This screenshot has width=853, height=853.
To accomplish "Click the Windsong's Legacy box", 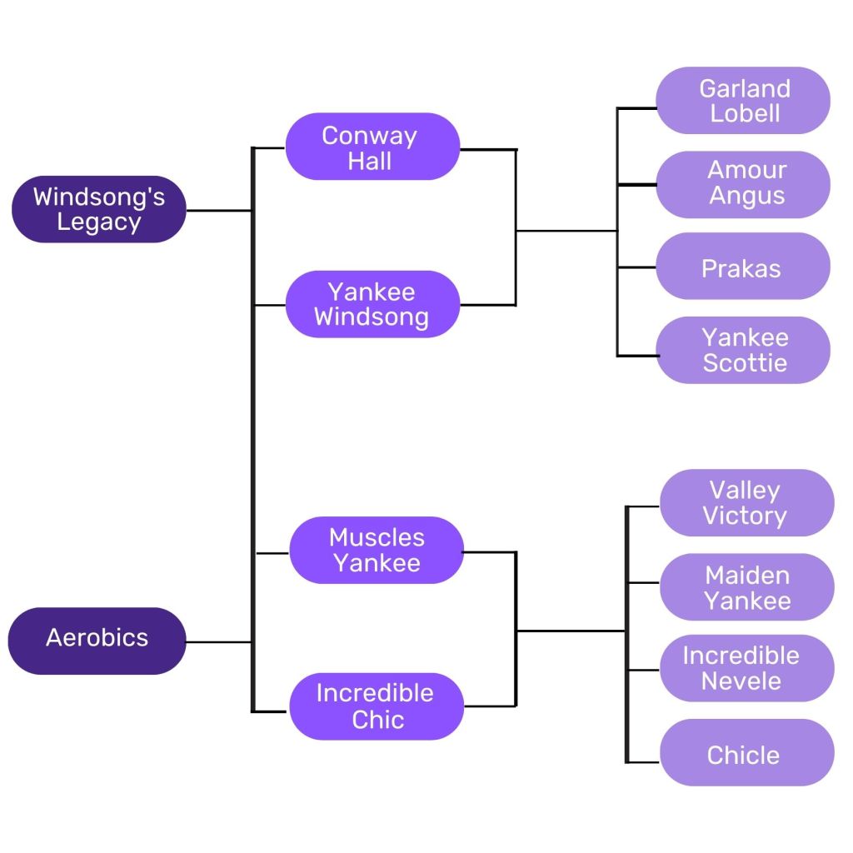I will [x=99, y=209].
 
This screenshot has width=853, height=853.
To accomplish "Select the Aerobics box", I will [x=97, y=640].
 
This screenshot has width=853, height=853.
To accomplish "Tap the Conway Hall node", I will [x=372, y=147].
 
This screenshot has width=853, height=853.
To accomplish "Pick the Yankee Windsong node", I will [x=372, y=304].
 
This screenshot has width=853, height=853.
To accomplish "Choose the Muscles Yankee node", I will [x=377, y=550].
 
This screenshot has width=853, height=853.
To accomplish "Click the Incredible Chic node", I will [x=376, y=706].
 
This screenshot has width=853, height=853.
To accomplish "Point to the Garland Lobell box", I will [x=743, y=101].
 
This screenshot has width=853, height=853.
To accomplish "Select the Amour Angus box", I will [x=743, y=183].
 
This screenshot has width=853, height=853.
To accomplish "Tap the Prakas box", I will [x=741, y=268].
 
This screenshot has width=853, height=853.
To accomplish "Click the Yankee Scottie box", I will [x=743, y=350].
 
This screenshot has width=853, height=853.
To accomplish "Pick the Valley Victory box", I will [x=746, y=503].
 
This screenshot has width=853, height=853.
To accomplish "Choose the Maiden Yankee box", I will [x=746, y=587].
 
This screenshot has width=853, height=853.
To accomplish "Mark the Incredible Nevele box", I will [x=746, y=668].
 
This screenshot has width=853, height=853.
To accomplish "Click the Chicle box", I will [x=745, y=755].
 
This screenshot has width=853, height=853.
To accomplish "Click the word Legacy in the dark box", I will [x=99, y=222].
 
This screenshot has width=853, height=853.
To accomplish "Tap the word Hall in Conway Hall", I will [x=370, y=161].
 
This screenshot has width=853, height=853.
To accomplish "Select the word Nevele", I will [x=741, y=681].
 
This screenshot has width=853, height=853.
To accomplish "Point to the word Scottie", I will [x=745, y=363].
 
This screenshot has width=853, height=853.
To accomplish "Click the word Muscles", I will [x=377, y=537].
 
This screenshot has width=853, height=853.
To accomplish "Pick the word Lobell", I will [x=745, y=113].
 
